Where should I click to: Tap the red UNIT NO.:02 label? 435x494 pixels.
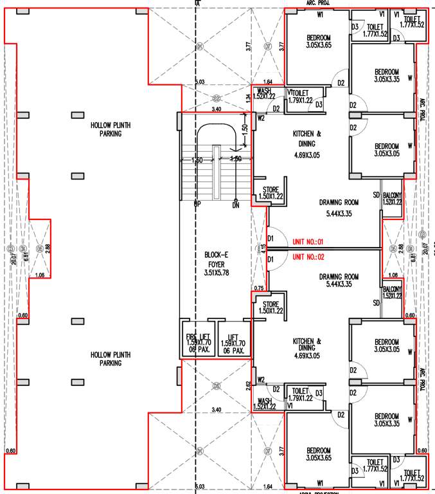(310, 257)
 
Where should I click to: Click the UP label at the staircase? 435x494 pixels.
(197, 205)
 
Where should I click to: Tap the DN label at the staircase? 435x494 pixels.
(236, 205)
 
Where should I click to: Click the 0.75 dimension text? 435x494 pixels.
(259, 288)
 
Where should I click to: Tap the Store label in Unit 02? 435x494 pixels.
(269, 307)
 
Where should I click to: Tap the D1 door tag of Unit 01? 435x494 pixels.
(271, 239)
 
